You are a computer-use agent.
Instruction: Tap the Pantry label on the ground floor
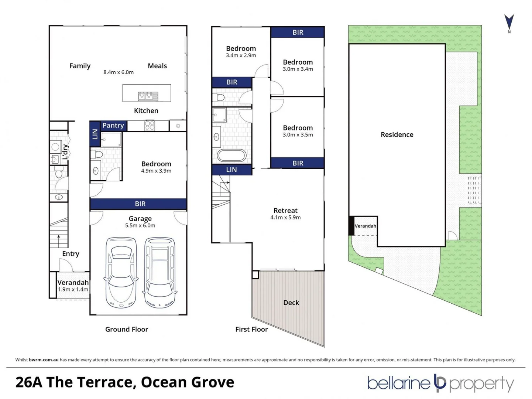click(x=113, y=125)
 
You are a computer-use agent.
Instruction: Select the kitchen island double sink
click(x=148, y=96)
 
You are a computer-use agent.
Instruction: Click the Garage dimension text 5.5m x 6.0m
click(x=140, y=225)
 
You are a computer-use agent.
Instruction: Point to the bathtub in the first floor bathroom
click(x=231, y=156)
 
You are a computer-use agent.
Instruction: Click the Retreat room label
click(x=285, y=210)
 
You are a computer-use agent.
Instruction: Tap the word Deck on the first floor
click(x=291, y=303)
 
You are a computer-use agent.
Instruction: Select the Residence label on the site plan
click(x=397, y=134)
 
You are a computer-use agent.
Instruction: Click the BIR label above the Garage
click(x=140, y=204)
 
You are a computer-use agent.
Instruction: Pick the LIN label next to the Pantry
click(x=95, y=134)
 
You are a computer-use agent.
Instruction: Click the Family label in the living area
click(x=80, y=66)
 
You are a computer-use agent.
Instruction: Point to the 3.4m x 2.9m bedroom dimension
click(x=241, y=55)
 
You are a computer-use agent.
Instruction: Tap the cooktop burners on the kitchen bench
click(x=150, y=126)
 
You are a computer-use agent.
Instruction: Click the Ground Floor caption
click(x=127, y=329)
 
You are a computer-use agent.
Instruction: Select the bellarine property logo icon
click(x=440, y=383)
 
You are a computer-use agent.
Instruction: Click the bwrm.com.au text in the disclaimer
click(x=44, y=360)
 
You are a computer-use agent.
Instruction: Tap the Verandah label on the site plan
click(x=365, y=226)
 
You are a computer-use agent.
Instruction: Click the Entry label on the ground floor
click(x=71, y=254)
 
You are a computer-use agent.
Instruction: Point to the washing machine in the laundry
click(x=55, y=147)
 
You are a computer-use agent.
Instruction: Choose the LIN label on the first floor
click(x=231, y=170)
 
